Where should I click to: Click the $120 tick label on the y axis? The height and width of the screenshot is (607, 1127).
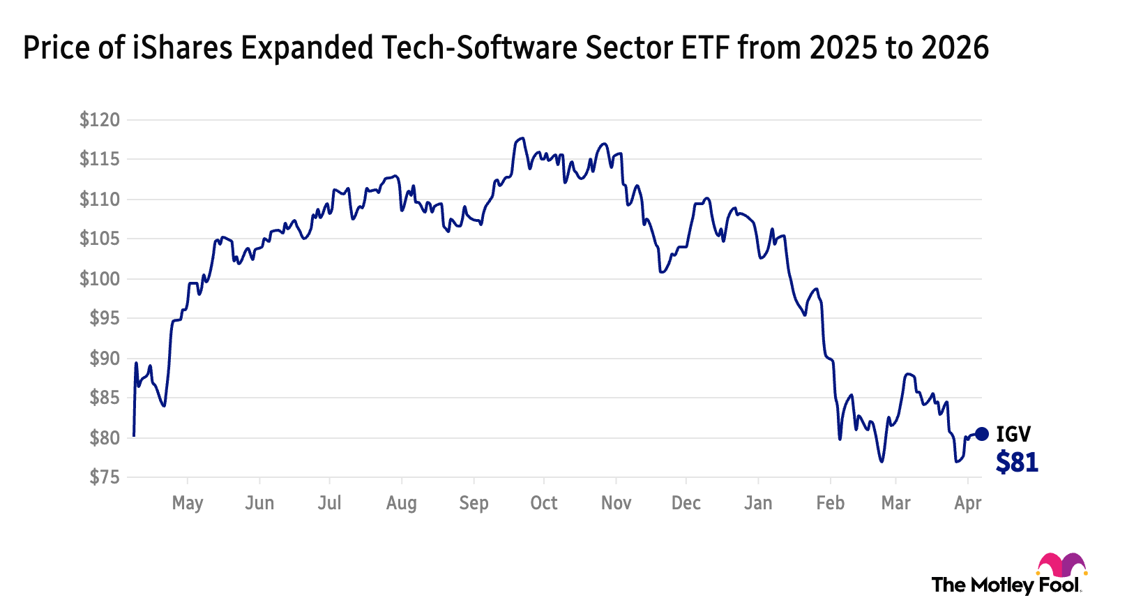[100, 120]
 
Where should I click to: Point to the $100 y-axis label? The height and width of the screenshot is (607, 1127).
[100, 279]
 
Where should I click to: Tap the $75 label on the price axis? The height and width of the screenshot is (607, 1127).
[105, 477]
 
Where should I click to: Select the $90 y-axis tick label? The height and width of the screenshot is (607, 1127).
[105, 359]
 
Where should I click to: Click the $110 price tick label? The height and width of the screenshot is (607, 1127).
[100, 200]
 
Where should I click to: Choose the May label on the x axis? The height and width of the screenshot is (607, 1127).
[188, 503]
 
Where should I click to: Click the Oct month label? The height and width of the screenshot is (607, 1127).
[544, 503]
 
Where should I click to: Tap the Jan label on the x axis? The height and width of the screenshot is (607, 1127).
[758, 503]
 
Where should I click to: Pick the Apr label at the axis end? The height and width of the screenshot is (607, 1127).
[968, 503]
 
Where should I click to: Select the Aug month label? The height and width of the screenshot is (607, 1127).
[402, 503]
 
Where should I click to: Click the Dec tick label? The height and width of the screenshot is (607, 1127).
[686, 503]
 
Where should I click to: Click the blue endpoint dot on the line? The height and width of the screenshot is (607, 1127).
[981, 434]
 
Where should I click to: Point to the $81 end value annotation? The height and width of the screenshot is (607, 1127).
[1017, 462]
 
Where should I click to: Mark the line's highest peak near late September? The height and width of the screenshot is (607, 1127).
[520, 138]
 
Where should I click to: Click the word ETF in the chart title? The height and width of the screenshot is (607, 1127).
[705, 48]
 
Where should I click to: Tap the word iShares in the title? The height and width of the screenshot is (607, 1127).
[183, 48]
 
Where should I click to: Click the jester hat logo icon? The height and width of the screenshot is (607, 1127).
[1061, 565]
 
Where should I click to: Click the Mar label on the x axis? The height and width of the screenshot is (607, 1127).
[896, 503]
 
